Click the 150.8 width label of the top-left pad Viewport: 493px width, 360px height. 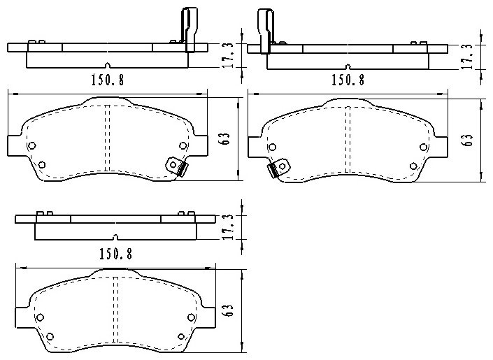(x=108, y=80)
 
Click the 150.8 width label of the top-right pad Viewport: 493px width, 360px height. (x=348, y=80)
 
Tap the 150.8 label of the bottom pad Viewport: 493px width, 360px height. (x=115, y=254)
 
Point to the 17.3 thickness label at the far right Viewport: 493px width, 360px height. (x=469, y=57)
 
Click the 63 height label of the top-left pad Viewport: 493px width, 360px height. (x=225, y=138)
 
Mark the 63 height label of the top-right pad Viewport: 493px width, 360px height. (x=466, y=141)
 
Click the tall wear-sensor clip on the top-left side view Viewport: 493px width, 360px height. (x=189, y=29)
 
